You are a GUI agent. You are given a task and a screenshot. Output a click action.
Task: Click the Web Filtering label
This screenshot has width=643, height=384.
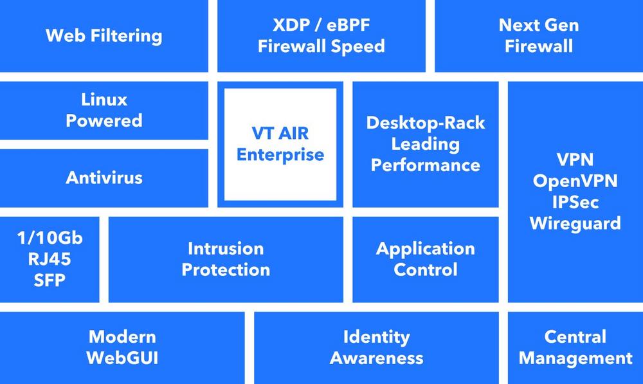(x=104, y=35)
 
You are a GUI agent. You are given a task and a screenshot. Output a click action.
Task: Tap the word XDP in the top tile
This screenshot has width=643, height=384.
(x=291, y=25)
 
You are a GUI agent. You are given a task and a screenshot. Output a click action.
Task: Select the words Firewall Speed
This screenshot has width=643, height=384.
(x=321, y=46)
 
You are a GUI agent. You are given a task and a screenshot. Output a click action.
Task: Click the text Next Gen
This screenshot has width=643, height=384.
(x=538, y=25)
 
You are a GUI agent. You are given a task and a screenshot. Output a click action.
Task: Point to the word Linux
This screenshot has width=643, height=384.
(x=104, y=100)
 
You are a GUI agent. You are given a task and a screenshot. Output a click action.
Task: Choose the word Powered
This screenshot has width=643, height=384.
(x=104, y=121)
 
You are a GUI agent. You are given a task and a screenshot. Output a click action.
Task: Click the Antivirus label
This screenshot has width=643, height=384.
(x=104, y=178)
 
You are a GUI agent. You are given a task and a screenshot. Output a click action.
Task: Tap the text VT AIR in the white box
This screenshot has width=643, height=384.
(x=280, y=133)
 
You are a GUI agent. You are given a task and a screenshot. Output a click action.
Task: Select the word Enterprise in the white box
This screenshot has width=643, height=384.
(x=280, y=154)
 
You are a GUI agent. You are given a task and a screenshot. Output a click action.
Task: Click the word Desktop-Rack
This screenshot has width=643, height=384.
(x=426, y=123)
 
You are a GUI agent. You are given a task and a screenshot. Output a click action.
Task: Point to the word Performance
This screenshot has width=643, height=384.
(x=426, y=165)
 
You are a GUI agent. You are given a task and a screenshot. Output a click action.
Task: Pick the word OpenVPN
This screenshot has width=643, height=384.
(x=575, y=181)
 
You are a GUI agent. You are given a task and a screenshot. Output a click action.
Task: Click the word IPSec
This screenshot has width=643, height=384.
(x=575, y=202)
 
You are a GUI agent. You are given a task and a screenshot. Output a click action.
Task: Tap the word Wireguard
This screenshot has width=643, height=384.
(x=575, y=224)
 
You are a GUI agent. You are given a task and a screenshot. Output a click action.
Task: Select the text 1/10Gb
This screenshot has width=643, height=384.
(x=50, y=238)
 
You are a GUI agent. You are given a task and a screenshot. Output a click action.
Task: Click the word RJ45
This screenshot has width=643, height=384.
(x=50, y=259)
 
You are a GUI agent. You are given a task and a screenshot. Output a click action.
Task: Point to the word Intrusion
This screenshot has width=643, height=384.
(x=226, y=249)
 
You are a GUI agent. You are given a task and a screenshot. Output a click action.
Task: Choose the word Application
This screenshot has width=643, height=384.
(x=426, y=249)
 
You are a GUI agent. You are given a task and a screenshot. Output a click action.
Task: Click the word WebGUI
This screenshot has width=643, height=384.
(x=122, y=358)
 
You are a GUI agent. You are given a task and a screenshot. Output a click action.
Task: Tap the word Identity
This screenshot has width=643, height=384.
(x=376, y=337)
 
